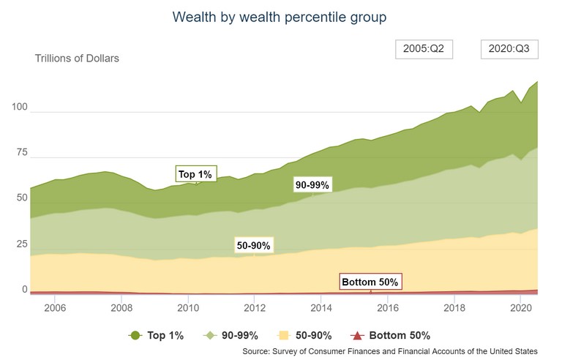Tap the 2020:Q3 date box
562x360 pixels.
click(x=510, y=50)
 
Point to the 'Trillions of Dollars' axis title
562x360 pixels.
click(x=77, y=59)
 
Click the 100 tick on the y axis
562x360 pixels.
click(x=18, y=108)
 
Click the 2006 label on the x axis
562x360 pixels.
click(x=56, y=307)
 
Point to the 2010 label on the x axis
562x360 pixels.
click(x=188, y=307)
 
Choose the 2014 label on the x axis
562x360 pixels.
click(x=321, y=307)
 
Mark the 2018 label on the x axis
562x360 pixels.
click(x=454, y=307)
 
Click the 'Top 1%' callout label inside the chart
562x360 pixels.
click(x=195, y=174)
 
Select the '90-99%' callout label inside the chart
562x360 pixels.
click(x=312, y=184)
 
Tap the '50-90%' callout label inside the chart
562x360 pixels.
click(x=253, y=246)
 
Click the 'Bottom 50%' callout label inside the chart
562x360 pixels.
click(x=371, y=282)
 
